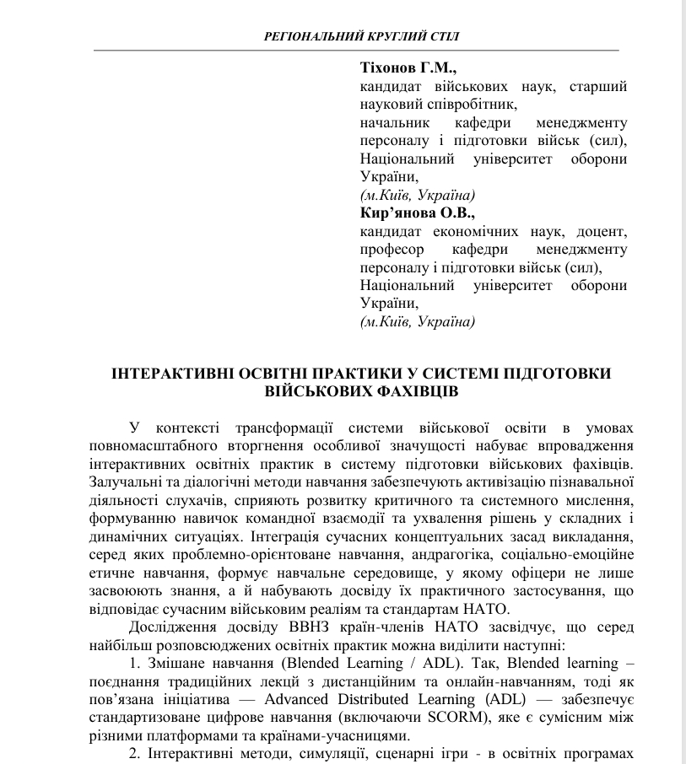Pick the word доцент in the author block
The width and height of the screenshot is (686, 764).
(x=602, y=232)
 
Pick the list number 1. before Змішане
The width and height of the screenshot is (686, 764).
(x=135, y=664)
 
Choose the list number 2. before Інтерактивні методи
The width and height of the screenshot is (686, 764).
(x=135, y=755)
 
